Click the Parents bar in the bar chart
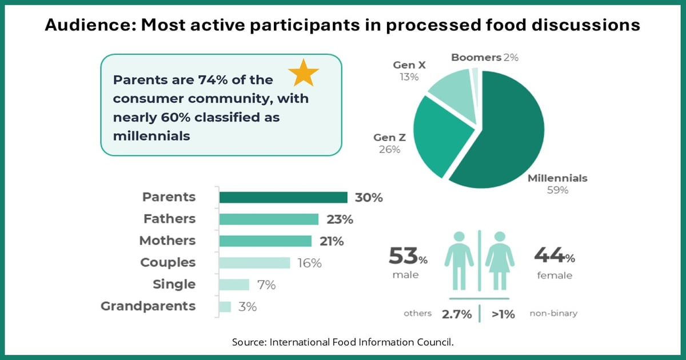tap(283, 197)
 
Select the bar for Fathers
tap(269, 219)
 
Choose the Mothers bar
tap(265, 241)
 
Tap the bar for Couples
tap(255, 262)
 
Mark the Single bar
tap(234, 284)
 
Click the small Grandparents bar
tap(225, 306)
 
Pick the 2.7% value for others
tap(456, 314)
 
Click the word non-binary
tap(554, 314)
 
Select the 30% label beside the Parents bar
tap(368, 198)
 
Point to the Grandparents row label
tap(148, 306)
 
